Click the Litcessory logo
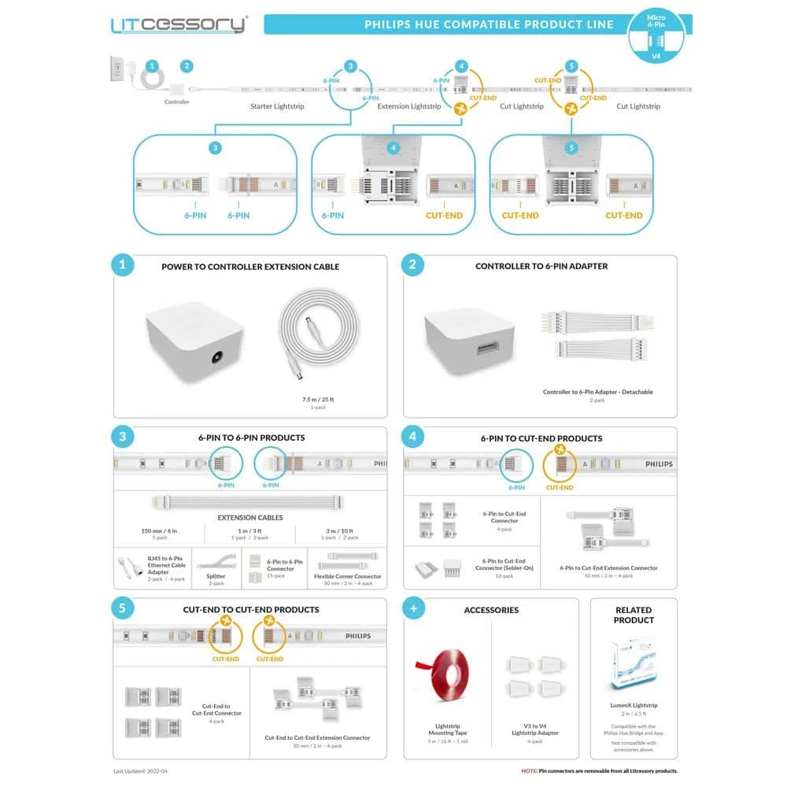tap(179, 24)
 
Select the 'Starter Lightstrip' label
tap(277, 106)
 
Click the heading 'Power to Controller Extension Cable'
tap(250, 267)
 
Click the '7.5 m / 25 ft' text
tap(318, 400)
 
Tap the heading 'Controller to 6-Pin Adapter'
tap(541, 267)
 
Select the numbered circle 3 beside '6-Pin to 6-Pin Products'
tap(122, 438)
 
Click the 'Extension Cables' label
tap(249, 518)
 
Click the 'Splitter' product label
tap(216, 576)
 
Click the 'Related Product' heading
tap(634, 615)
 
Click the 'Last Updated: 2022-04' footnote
tap(146, 771)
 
